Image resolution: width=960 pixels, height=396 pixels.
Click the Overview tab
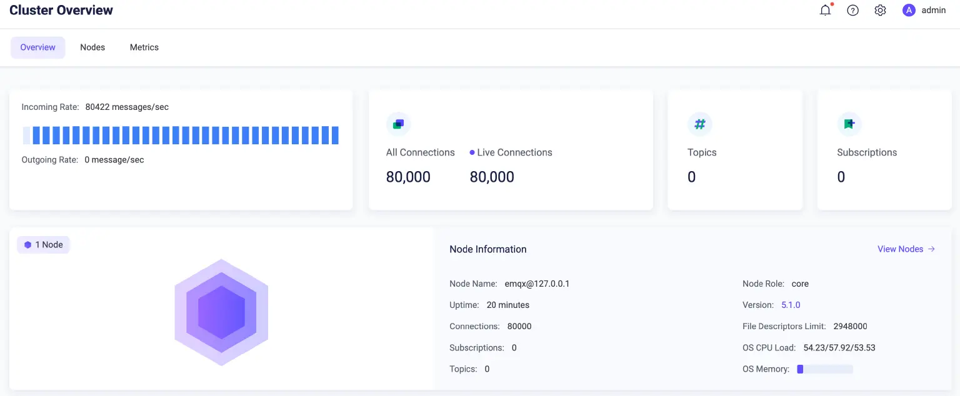point(37,47)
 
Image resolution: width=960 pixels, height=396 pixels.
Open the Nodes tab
point(92,47)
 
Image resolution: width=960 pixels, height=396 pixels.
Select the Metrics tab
point(144,47)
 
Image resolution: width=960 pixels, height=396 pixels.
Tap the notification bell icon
point(826,11)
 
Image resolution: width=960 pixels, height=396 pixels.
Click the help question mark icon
point(852,11)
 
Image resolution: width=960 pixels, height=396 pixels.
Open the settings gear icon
point(880,11)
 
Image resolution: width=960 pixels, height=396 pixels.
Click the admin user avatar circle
point(909,11)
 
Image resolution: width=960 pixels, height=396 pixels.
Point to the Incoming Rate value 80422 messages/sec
point(127,107)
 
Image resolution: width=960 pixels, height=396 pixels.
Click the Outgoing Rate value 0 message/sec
point(114,160)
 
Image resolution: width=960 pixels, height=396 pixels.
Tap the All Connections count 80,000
point(408,177)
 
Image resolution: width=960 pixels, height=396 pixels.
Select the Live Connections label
point(514,152)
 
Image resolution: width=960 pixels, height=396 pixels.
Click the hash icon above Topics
point(700,124)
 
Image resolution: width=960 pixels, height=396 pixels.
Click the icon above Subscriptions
point(849,124)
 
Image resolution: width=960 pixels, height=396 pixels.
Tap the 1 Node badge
point(44,245)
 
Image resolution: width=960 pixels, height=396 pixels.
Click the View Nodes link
point(906,249)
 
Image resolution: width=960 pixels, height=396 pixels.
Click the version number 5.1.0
point(791,305)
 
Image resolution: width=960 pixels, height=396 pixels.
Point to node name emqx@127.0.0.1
point(537,284)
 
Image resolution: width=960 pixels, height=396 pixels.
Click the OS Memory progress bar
point(824,369)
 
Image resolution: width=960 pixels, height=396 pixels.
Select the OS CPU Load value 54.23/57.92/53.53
point(839,348)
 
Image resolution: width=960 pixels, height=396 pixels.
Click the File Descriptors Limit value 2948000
point(850,327)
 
